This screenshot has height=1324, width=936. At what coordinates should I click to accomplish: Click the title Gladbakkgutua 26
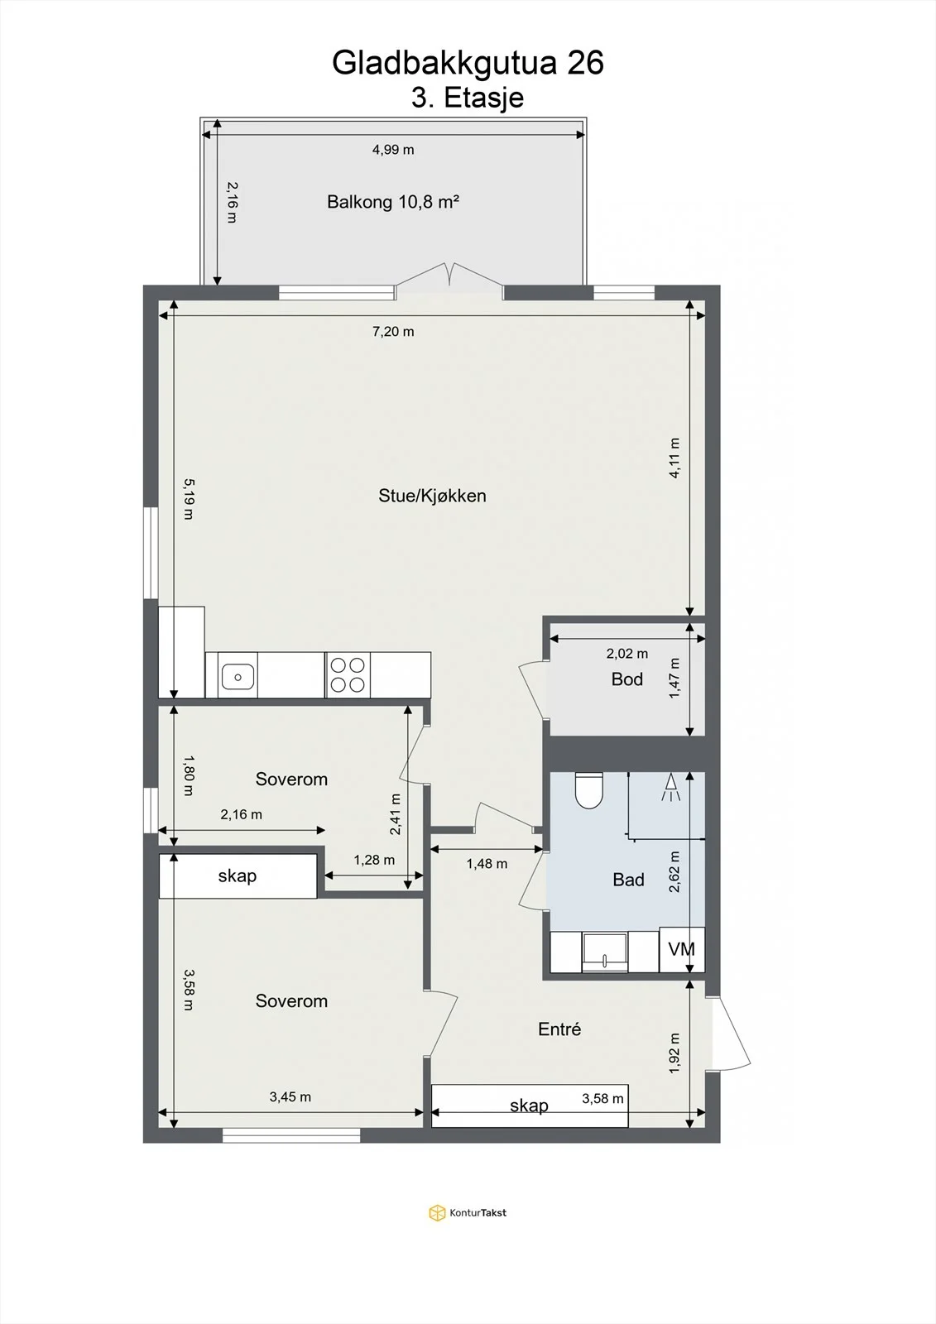(468, 63)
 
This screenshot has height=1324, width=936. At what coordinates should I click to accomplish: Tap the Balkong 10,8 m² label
(393, 202)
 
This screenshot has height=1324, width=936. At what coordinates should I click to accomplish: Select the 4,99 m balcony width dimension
(393, 150)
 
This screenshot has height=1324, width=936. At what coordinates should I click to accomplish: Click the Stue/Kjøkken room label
(432, 496)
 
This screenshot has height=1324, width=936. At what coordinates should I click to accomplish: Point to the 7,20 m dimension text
(393, 332)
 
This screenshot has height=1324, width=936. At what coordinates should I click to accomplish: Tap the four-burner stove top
(348, 675)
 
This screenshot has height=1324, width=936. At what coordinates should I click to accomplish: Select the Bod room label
(626, 679)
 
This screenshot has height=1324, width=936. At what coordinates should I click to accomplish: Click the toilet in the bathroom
(588, 789)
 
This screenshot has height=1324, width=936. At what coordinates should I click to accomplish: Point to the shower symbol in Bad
(670, 787)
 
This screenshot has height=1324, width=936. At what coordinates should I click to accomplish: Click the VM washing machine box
(682, 949)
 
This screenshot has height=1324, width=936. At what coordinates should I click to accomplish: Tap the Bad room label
(628, 880)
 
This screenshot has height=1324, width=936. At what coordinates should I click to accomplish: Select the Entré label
(559, 1029)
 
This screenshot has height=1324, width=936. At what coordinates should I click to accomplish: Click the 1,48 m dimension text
(487, 864)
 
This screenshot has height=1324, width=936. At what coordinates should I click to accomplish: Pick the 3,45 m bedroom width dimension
(290, 1096)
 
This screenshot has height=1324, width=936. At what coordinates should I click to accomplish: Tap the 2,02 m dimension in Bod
(626, 654)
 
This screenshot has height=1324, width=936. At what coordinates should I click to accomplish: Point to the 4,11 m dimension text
(674, 458)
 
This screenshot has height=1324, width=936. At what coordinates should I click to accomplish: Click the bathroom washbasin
(604, 952)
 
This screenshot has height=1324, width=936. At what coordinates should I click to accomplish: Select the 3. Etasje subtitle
(468, 98)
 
